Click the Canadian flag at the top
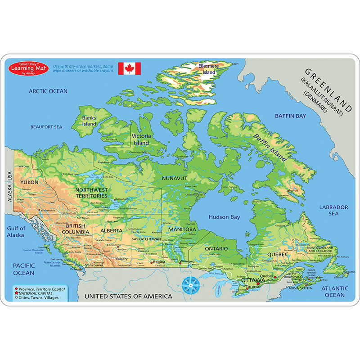pyautogui.click(x=130, y=68)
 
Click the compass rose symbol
pyautogui.click(x=192, y=285)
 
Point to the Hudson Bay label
pyautogui.click(x=224, y=217)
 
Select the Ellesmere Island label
pyautogui.click(x=209, y=69)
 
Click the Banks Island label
pyautogui.click(x=89, y=121)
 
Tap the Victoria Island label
pyautogui.click(x=141, y=139)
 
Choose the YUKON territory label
pyautogui.click(x=29, y=182)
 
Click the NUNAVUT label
pyautogui.click(x=174, y=178)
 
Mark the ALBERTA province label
pyautogui.click(x=112, y=230)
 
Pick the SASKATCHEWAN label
pyautogui.click(x=146, y=239)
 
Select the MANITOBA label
pyautogui.click(x=182, y=229)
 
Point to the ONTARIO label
pyautogui.click(x=216, y=248)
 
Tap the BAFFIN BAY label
pyautogui.click(x=290, y=116)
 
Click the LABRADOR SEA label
pyautogui.click(x=333, y=210)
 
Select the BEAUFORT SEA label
pyautogui.click(x=46, y=127)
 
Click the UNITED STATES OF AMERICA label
pyautogui.click(x=129, y=296)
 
